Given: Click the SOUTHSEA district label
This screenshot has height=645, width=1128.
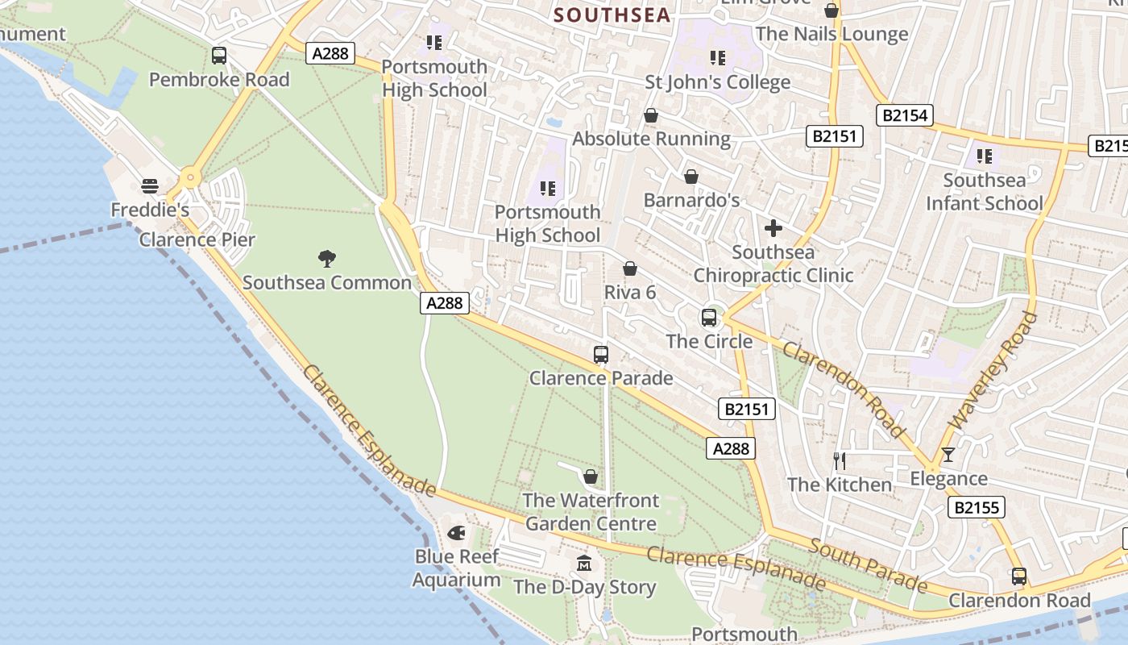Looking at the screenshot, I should click(612, 15).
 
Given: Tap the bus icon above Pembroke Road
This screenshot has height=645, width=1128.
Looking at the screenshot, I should click(219, 56).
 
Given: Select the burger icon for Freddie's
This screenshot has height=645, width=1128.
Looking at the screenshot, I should click(149, 186).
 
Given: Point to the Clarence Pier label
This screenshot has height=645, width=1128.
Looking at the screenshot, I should click(197, 239).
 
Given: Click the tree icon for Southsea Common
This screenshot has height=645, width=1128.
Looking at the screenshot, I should click(327, 259).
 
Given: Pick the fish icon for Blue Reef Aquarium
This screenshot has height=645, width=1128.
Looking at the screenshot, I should click(456, 533).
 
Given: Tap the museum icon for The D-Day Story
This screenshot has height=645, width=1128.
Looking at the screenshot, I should click(584, 563).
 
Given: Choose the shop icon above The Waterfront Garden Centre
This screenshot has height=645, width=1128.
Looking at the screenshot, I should click(591, 476).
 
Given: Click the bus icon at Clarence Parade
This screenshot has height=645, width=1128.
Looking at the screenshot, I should click(601, 354).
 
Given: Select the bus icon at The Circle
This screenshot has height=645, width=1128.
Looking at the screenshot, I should click(709, 318).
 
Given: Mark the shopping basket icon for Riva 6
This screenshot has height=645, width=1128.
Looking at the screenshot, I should click(630, 268).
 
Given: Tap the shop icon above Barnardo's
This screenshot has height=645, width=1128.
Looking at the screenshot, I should click(690, 177).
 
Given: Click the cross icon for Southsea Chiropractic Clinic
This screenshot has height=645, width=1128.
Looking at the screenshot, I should click(773, 228).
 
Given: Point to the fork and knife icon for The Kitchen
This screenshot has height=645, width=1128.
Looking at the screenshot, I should click(840, 460).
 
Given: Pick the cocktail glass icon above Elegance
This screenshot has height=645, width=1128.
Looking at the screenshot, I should click(948, 455).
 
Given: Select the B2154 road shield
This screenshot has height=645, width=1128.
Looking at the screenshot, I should click(905, 115).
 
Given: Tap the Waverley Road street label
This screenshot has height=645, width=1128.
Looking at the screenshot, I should click(994, 371).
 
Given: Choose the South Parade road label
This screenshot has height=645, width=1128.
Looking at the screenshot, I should click(868, 564).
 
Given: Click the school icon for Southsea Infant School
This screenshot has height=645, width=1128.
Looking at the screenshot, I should click(984, 156).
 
